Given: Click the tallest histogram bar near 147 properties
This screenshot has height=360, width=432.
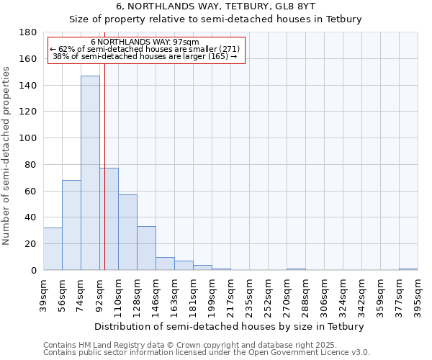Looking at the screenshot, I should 90,173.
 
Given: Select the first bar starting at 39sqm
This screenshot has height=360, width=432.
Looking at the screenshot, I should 53,249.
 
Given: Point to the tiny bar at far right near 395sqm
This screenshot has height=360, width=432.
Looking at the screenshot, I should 408,269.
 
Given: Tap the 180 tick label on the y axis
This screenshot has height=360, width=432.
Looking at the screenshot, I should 28,32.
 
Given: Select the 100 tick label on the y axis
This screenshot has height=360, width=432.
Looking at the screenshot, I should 28,138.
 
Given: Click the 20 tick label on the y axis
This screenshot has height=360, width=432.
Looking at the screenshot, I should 31,244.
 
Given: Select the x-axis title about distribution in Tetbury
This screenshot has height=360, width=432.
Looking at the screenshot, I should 230,326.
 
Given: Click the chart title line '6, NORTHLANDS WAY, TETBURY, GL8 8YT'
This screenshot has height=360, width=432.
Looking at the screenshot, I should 215,6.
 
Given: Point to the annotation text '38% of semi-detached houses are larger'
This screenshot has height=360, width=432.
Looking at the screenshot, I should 145,56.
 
